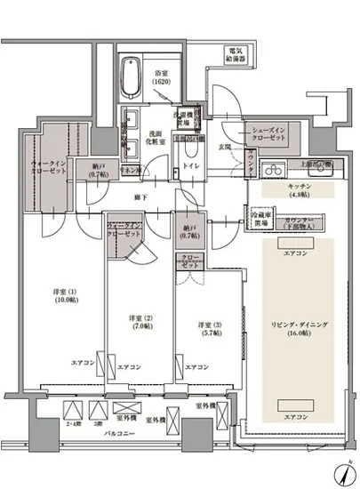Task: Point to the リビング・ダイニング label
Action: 295,330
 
